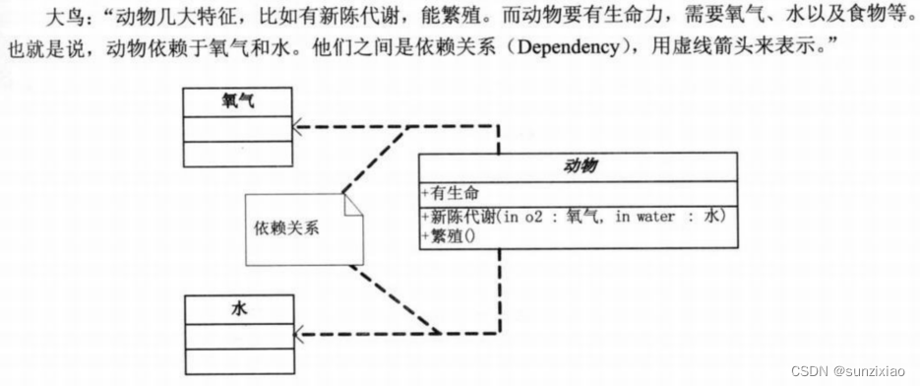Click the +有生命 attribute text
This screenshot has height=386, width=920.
[452, 193]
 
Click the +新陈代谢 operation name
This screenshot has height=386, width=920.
[459, 217]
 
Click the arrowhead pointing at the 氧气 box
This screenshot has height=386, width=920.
[300, 127]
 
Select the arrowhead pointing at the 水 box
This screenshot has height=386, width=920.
[300, 335]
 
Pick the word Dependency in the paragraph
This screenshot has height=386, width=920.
[557, 46]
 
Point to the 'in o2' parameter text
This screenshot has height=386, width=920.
[523, 217]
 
